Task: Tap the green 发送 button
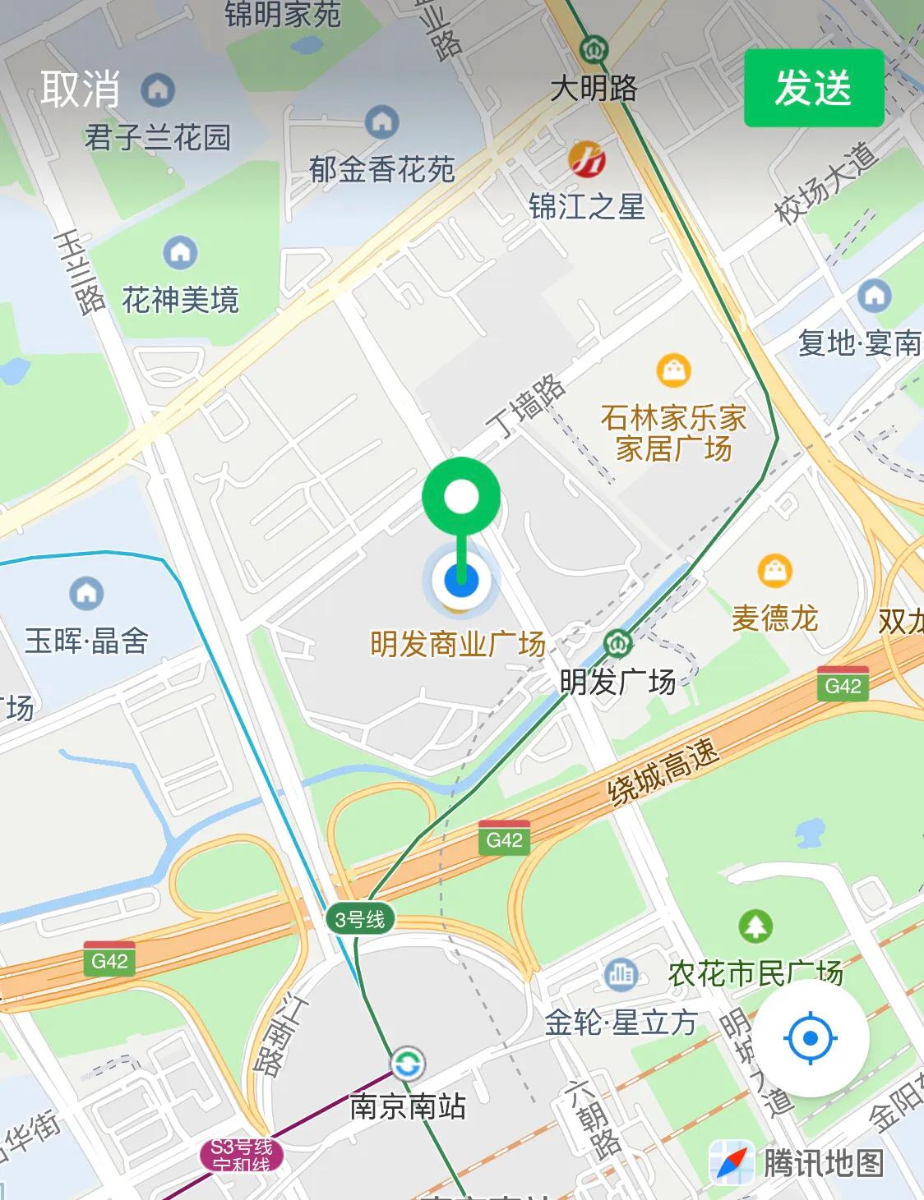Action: point(813,88)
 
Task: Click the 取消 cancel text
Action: point(81,89)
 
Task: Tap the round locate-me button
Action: point(811,1039)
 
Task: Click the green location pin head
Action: point(461,496)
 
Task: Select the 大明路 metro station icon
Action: point(592,50)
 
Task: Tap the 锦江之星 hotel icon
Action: point(587,159)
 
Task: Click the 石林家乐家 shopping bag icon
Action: point(673,371)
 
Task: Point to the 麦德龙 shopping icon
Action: point(774,570)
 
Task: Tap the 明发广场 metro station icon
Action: point(617,643)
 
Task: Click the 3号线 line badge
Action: point(360,919)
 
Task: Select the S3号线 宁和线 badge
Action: point(241,1156)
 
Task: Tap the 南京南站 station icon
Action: point(407,1064)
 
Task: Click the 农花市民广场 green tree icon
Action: point(755,926)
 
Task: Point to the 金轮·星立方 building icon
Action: point(621,975)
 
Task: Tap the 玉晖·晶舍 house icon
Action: point(86,593)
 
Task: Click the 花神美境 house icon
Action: point(180,253)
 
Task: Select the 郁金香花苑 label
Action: point(381,170)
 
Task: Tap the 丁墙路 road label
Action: point(525,406)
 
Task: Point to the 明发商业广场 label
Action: point(458,644)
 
